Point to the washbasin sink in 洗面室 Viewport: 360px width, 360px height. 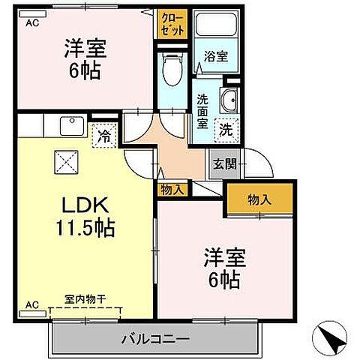pos(229,99)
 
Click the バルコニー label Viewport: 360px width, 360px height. pos(155,338)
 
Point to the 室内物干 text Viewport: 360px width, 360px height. pos(85,298)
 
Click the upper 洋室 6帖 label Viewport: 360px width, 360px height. pos(84,61)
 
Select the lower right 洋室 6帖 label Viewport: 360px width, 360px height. pos(223,268)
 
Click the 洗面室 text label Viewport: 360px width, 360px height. pos(203,111)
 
